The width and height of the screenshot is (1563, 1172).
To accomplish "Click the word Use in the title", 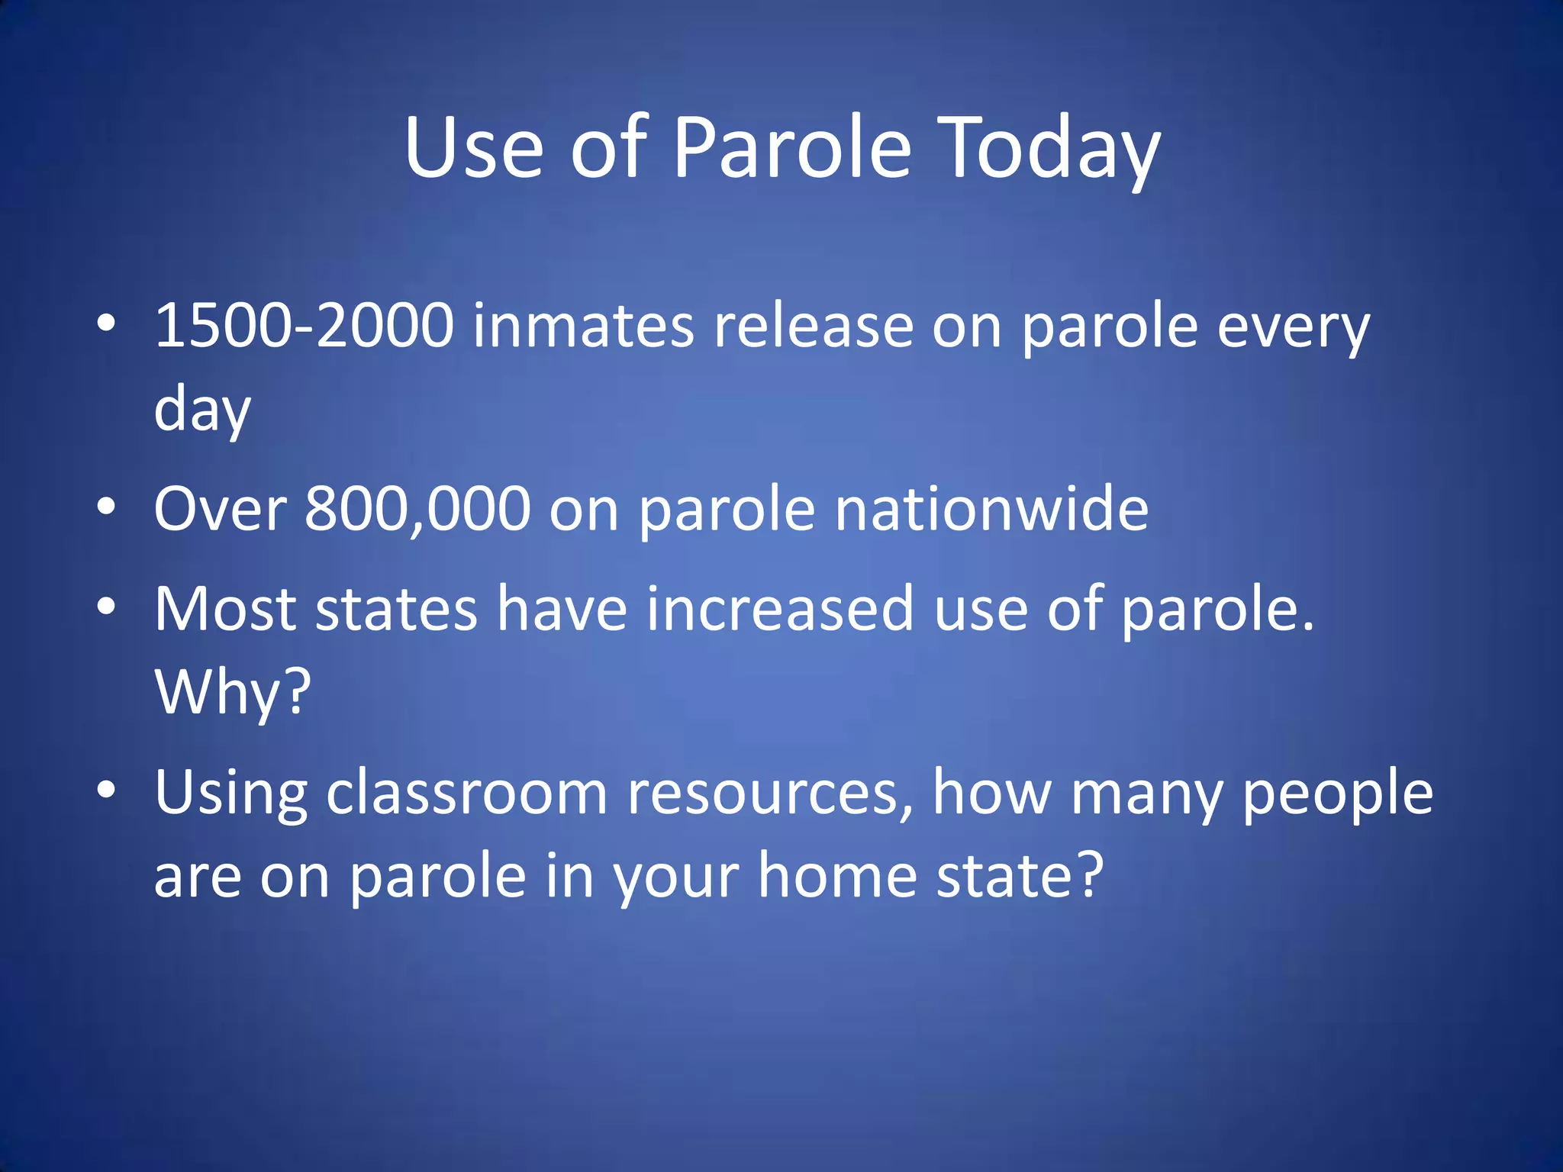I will (x=473, y=149).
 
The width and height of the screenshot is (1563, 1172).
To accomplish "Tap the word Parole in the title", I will (x=791, y=149).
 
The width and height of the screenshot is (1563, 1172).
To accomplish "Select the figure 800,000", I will (x=417, y=509).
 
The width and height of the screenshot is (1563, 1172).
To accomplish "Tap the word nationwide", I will (x=991, y=509).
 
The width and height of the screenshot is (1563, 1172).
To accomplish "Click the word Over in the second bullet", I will (x=221, y=509).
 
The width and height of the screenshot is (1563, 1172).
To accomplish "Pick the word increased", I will (x=780, y=609).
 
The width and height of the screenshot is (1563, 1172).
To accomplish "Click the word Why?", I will (x=233, y=692).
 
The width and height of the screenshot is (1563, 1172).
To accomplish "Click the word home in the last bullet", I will (x=837, y=876).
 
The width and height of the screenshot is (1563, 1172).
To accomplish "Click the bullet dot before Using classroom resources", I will (x=107, y=790).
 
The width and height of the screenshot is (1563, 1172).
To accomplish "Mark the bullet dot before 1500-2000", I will (x=107, y=324).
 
